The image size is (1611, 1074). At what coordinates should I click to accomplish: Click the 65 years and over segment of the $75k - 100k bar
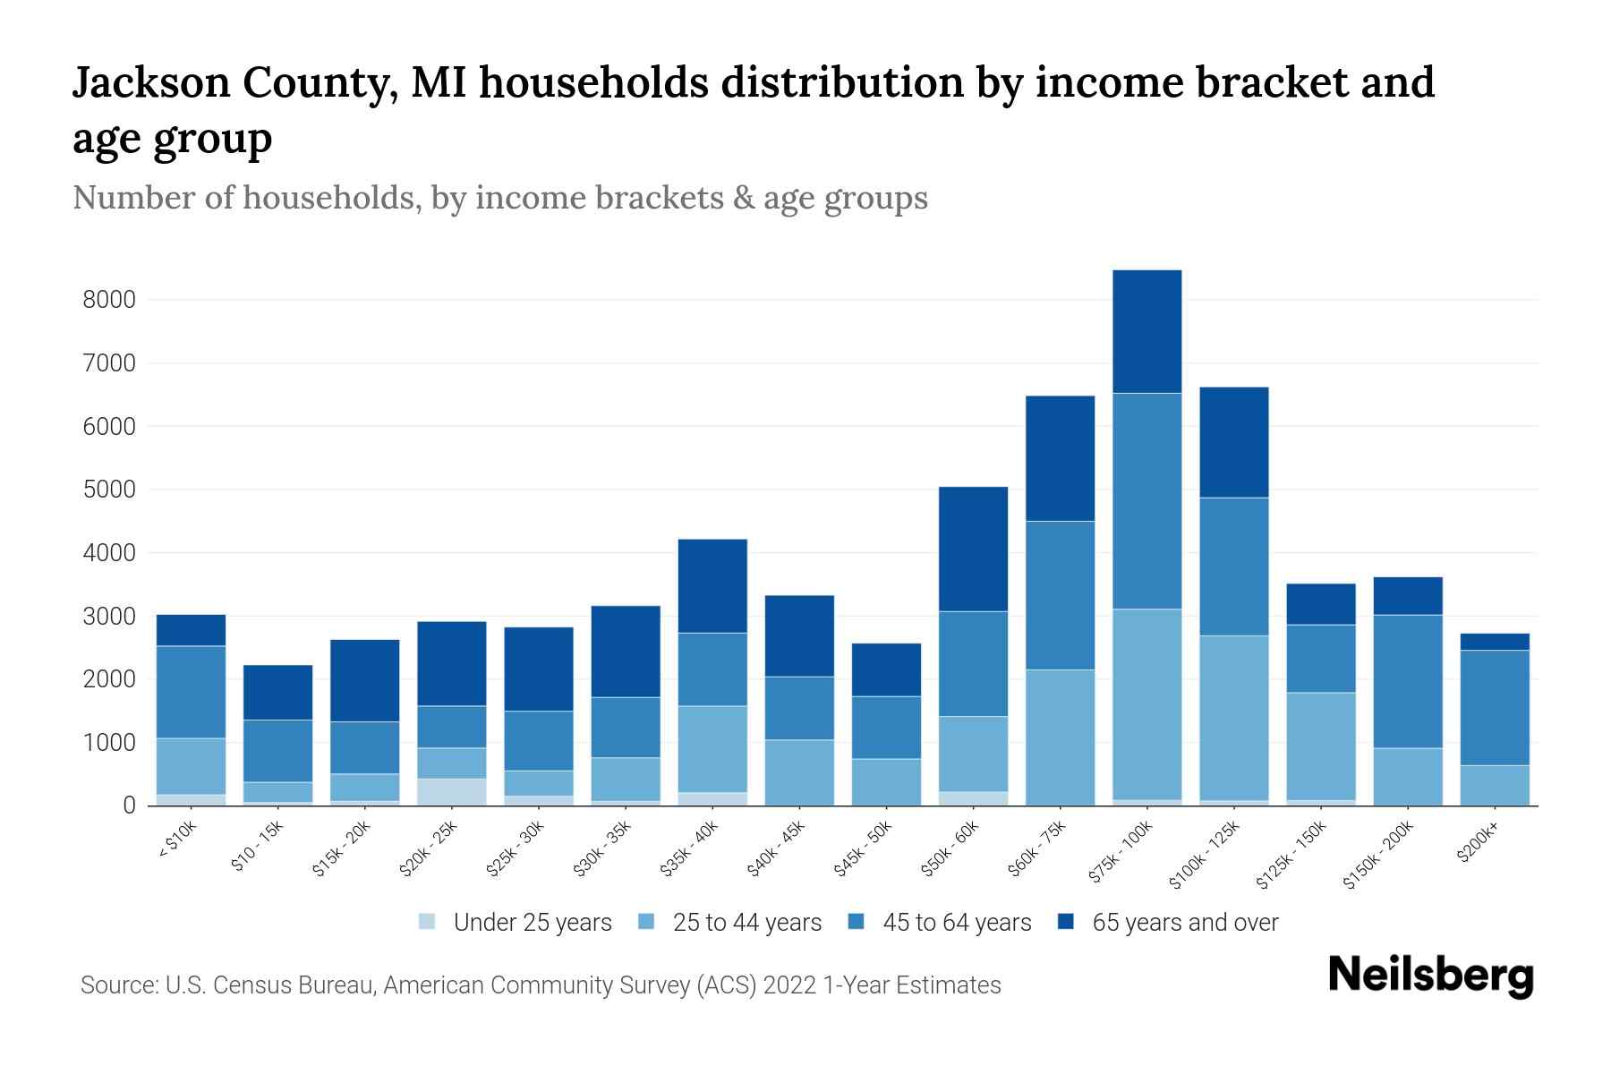coord(1146,331)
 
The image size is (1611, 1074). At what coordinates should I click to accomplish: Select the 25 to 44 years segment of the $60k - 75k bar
coord(1060,737)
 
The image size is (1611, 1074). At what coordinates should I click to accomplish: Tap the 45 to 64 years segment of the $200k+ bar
coord(1494,707)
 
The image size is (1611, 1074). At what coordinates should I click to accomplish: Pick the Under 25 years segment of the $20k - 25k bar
coord(451,791)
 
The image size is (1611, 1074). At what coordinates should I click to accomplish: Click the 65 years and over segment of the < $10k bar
coord(191,630)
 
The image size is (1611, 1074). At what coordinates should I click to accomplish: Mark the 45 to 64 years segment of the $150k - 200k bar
coord(1407,681)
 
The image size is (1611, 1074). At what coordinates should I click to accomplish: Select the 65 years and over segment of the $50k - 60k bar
coord(973,549)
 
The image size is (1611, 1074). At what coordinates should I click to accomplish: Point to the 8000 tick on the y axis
coord(109,300)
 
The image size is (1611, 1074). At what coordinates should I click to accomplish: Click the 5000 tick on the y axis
coord(109,490)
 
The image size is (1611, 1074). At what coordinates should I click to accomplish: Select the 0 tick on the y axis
coord(129,805)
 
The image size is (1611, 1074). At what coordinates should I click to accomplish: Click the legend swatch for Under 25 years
coord(428,922)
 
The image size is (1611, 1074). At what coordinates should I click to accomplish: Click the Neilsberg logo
coord(1430,976)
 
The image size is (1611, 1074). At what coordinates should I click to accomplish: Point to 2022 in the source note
coord(790,985)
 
